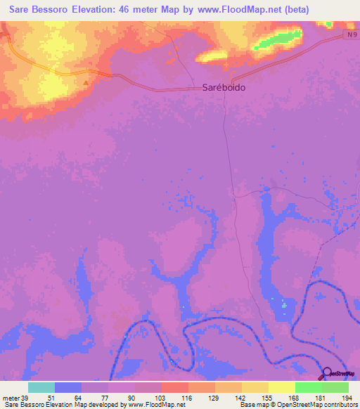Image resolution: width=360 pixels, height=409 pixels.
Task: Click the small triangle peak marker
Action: point(86,83)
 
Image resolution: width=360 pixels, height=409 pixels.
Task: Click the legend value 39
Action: point(26,397)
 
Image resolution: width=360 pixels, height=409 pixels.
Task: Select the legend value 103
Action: point(161,397)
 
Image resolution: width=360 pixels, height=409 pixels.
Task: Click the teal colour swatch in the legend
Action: point(41,387)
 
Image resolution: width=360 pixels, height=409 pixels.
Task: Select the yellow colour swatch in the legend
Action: point(281,387)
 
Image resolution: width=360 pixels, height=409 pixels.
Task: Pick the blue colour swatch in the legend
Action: point(68,387)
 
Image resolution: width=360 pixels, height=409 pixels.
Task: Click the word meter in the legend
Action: point(11,397)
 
